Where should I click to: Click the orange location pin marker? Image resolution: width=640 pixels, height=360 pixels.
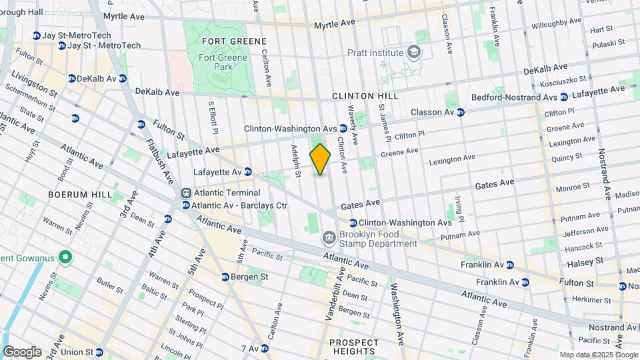321,159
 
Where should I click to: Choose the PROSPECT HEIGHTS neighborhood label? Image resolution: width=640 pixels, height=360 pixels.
354,347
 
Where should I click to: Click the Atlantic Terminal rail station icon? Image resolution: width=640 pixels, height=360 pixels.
186,193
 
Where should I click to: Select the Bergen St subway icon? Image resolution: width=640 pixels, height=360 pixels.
226,277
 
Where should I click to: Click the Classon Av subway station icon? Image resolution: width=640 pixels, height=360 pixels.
461,112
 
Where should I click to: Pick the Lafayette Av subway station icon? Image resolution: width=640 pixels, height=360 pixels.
247,172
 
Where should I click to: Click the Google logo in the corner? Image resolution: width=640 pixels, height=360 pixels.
22,352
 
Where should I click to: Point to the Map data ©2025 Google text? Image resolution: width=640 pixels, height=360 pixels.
589,355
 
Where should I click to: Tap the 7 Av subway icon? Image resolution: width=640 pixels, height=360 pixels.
265,348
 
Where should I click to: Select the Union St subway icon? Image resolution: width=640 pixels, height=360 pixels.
99,352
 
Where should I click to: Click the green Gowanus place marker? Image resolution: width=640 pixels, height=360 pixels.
65,257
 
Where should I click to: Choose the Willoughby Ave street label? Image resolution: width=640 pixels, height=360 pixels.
557,23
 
